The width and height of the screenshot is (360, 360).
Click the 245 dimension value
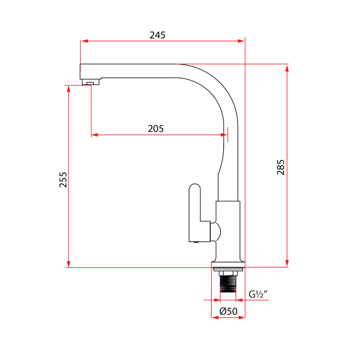(x=157, y=35)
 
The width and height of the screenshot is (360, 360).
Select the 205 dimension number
(x=156, y=129)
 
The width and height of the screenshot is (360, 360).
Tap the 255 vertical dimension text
(x=63, y=180)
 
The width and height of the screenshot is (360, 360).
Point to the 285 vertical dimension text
(x=281, y=167)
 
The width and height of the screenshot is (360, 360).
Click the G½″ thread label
(x=258, y=294)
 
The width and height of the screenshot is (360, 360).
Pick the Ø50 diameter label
(x=228, y=311)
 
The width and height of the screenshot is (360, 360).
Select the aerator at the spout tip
(x=90, y=82)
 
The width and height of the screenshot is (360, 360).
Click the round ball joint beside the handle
(x=216, y=232)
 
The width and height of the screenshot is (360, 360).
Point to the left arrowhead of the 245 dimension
(x=84, y=41)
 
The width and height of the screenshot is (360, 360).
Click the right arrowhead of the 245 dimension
(x=242, y=41)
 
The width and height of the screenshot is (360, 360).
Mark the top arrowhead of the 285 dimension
(x=287, y=67)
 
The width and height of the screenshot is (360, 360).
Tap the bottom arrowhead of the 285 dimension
(x=287, y=264)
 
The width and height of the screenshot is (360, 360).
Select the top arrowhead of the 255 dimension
(x=68, y=89)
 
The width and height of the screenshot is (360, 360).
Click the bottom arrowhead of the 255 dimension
(x=68, y=264)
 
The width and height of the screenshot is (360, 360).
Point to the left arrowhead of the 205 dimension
(x=94, y=135)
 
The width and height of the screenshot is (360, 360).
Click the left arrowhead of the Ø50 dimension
(x=215, y=318)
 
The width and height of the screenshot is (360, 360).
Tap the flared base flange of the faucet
(x=228, y=265)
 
